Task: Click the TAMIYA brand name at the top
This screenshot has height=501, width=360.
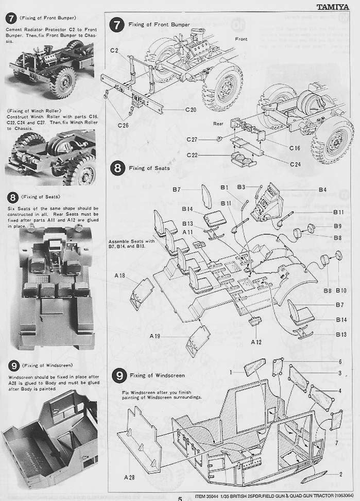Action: pos(338,7)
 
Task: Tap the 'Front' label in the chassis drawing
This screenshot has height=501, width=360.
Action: pos(241,39)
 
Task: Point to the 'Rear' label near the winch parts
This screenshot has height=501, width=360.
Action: pos(218,124)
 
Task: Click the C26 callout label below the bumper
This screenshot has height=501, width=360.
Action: pos(123,125)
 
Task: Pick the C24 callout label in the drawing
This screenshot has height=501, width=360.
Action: pos(295,164)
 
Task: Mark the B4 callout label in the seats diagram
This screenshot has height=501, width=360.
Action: pos(322,190)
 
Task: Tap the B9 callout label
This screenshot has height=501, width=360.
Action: pos(337,226)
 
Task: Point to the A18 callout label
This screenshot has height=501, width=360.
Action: pos(119,276)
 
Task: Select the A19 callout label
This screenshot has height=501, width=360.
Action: pos(156,336)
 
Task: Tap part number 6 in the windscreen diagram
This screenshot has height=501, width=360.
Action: pos(340,362)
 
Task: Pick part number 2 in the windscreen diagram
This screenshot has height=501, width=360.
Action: pos(340,474)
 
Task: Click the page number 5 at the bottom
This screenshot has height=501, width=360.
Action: pos(180,498)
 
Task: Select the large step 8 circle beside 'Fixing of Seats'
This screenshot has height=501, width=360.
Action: pos(118,168)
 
